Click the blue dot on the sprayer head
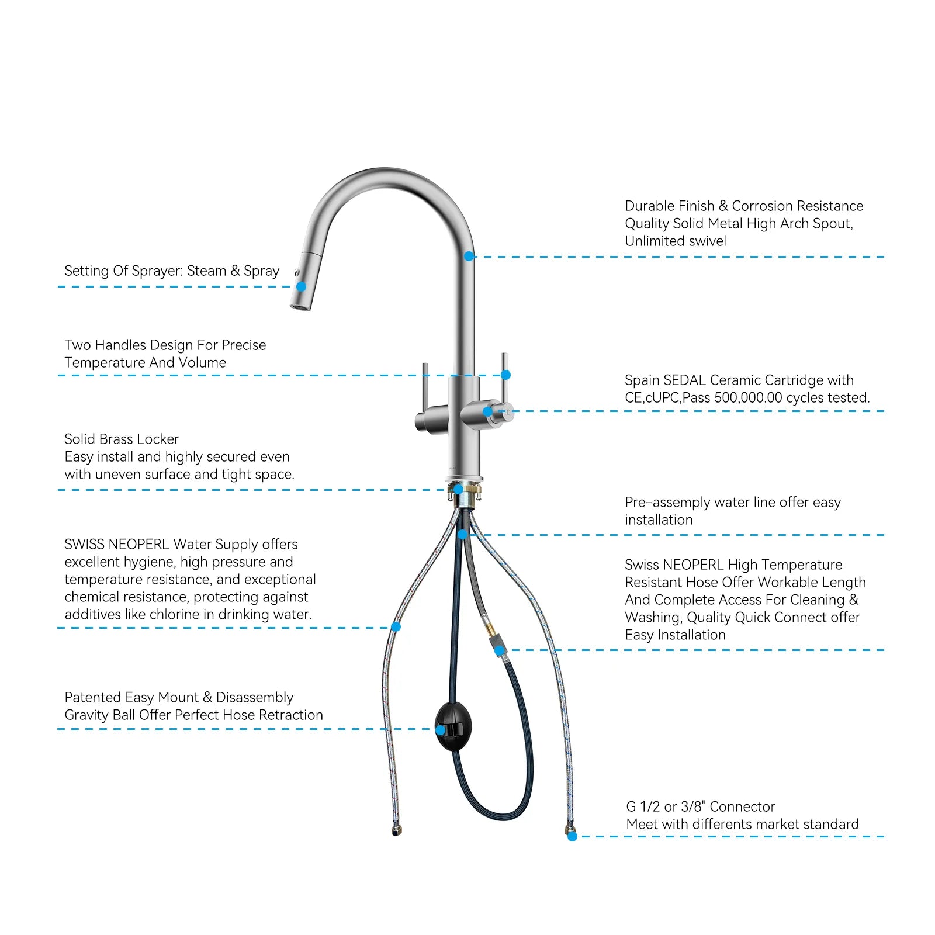[301, 286]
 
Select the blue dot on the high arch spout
[469, 256]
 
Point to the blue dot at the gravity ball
[441, 730]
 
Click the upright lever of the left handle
[425, 386]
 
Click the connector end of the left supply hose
[396, 830]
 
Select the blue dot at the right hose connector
[572, 836]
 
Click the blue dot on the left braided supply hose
[396, 626]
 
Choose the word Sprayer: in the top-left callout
[157, 271]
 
